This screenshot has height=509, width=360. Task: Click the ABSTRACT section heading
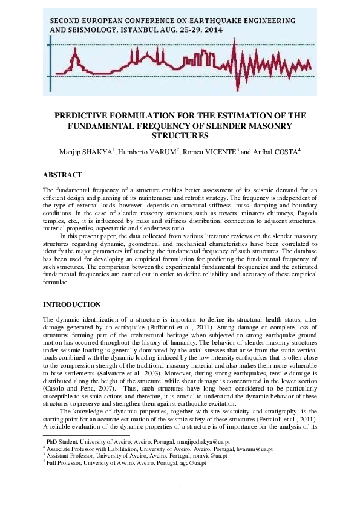[62, 174]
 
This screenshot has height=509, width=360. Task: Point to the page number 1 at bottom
[180, 488]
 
